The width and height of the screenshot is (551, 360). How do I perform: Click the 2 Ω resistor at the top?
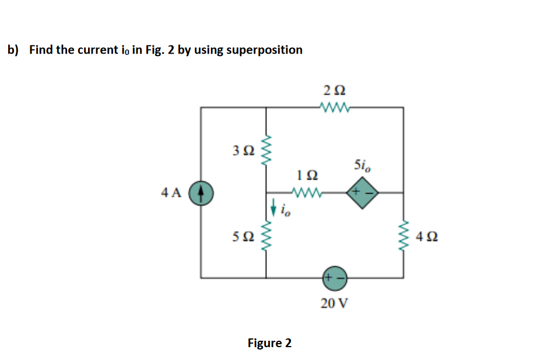[335, 107]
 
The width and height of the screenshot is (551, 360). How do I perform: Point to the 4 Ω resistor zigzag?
[403, 237]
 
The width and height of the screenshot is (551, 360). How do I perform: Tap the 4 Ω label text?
[427, 237]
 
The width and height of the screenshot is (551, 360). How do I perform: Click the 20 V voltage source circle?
[335, 278]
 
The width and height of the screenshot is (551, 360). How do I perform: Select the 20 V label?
[335, 303]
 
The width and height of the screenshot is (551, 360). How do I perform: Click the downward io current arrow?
[273, 206]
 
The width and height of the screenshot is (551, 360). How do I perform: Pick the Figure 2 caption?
[269, 342]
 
